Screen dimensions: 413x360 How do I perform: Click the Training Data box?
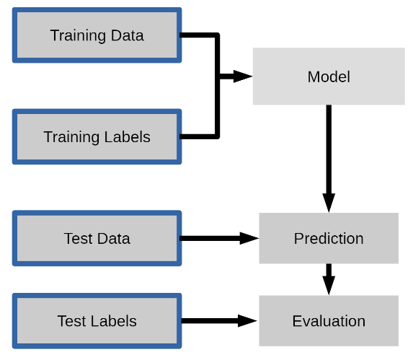click(x=97, y=35)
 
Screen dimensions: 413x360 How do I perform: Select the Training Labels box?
click(x=97, y=136)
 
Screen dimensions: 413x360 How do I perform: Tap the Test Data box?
click(x=97, y=238)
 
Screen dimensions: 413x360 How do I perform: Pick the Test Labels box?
click(x=97, y=321)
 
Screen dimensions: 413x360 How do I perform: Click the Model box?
click(x=329, y=76)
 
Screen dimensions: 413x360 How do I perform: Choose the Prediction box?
click(x=329, y=238)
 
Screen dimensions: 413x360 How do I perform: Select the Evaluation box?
click(x=329, y=321)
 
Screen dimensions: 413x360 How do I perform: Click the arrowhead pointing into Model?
click(x=243, y=76)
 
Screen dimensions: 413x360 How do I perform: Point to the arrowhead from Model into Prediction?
click(x=329, y=203)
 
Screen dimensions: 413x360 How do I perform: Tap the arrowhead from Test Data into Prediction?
click(x=249, y=238)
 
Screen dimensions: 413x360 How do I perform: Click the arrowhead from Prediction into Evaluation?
click(x=329, y=286)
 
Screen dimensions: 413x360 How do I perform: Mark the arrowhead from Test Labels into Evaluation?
click(x=247, y=321)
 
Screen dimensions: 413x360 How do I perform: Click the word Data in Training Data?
click(x=128, y=35)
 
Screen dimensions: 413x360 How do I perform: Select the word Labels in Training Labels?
click(x=128, y=137)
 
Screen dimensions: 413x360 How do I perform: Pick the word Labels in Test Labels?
click(x=114, y=321)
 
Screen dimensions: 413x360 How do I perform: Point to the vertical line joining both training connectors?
click(x=217, y=86)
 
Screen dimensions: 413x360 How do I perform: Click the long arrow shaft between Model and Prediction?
click(x=329, y=149)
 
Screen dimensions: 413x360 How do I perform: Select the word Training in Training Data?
click(x=79, y=36)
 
